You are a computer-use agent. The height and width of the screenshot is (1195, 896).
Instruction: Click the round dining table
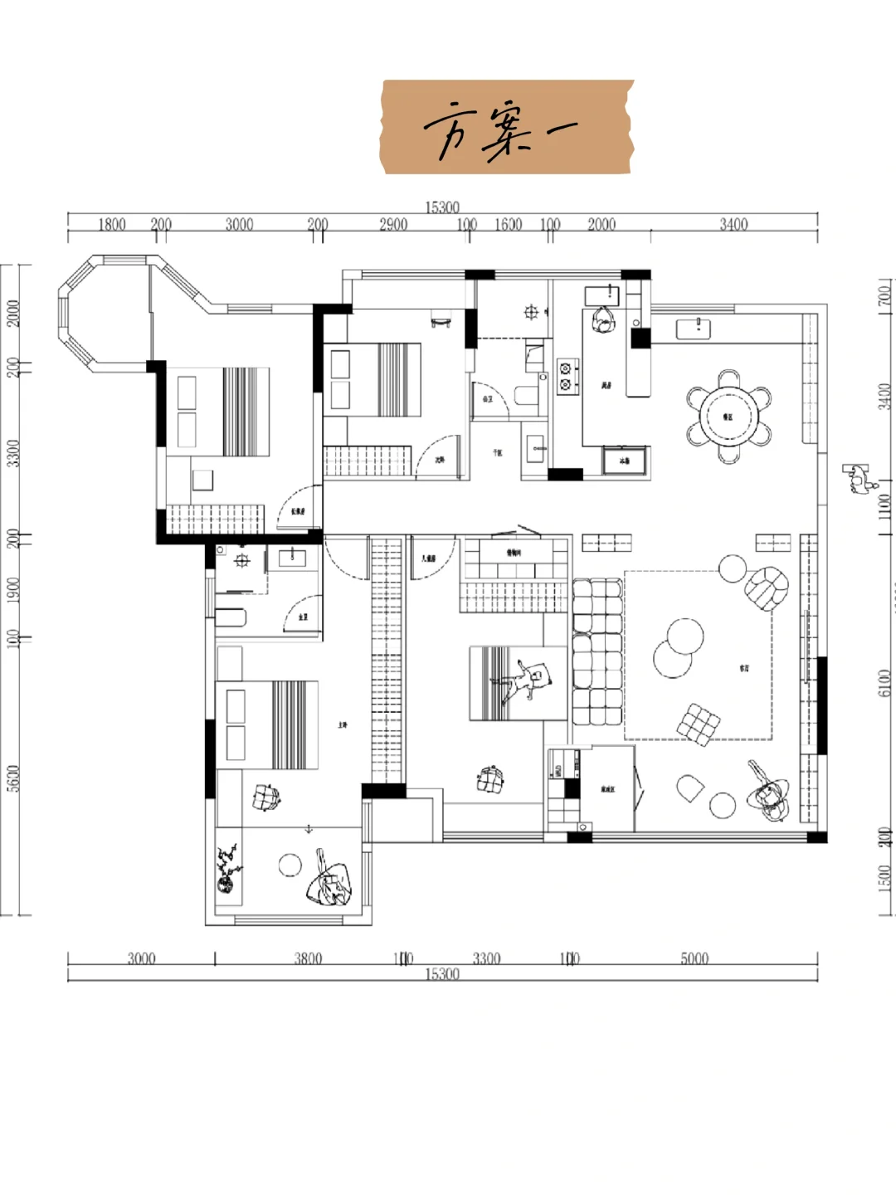coord(728,416)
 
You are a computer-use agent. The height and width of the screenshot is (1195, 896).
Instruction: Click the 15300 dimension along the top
coord(442,207)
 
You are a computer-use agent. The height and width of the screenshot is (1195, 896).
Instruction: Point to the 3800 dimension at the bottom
coord(308,958)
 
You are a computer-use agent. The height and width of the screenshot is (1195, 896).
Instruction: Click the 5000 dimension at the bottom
coord(694,958)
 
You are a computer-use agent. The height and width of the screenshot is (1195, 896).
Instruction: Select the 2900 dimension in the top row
coord(393,224)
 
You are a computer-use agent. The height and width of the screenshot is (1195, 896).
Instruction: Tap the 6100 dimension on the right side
coord(885,682)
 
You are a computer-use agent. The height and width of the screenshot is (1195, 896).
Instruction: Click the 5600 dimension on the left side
coord(12,778)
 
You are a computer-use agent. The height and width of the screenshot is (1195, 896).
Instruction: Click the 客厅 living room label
coord(744,667)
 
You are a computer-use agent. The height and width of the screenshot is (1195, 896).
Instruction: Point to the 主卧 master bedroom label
coord(342,724)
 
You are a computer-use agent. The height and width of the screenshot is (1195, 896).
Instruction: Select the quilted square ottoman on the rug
coord(699,722)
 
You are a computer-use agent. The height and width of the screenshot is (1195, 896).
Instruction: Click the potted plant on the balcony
coord(227,869)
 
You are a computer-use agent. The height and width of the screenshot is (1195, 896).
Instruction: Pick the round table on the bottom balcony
coord(289,865)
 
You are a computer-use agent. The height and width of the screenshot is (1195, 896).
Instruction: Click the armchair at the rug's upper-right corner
coord(767,587)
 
